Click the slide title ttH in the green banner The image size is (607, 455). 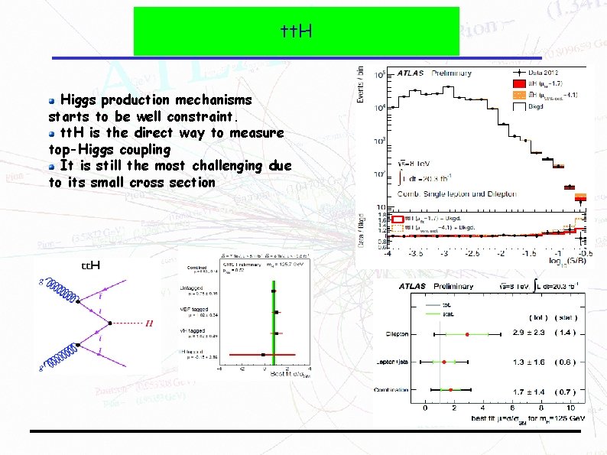click(297, 31)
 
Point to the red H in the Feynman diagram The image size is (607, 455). click(148, 323)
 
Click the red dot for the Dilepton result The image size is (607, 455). click(467, 334)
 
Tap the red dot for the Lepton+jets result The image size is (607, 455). click(443, 362)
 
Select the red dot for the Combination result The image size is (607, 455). click(451, 390)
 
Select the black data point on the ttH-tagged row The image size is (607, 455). click(262, 355)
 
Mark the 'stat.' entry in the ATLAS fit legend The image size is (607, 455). click(450, 312)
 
